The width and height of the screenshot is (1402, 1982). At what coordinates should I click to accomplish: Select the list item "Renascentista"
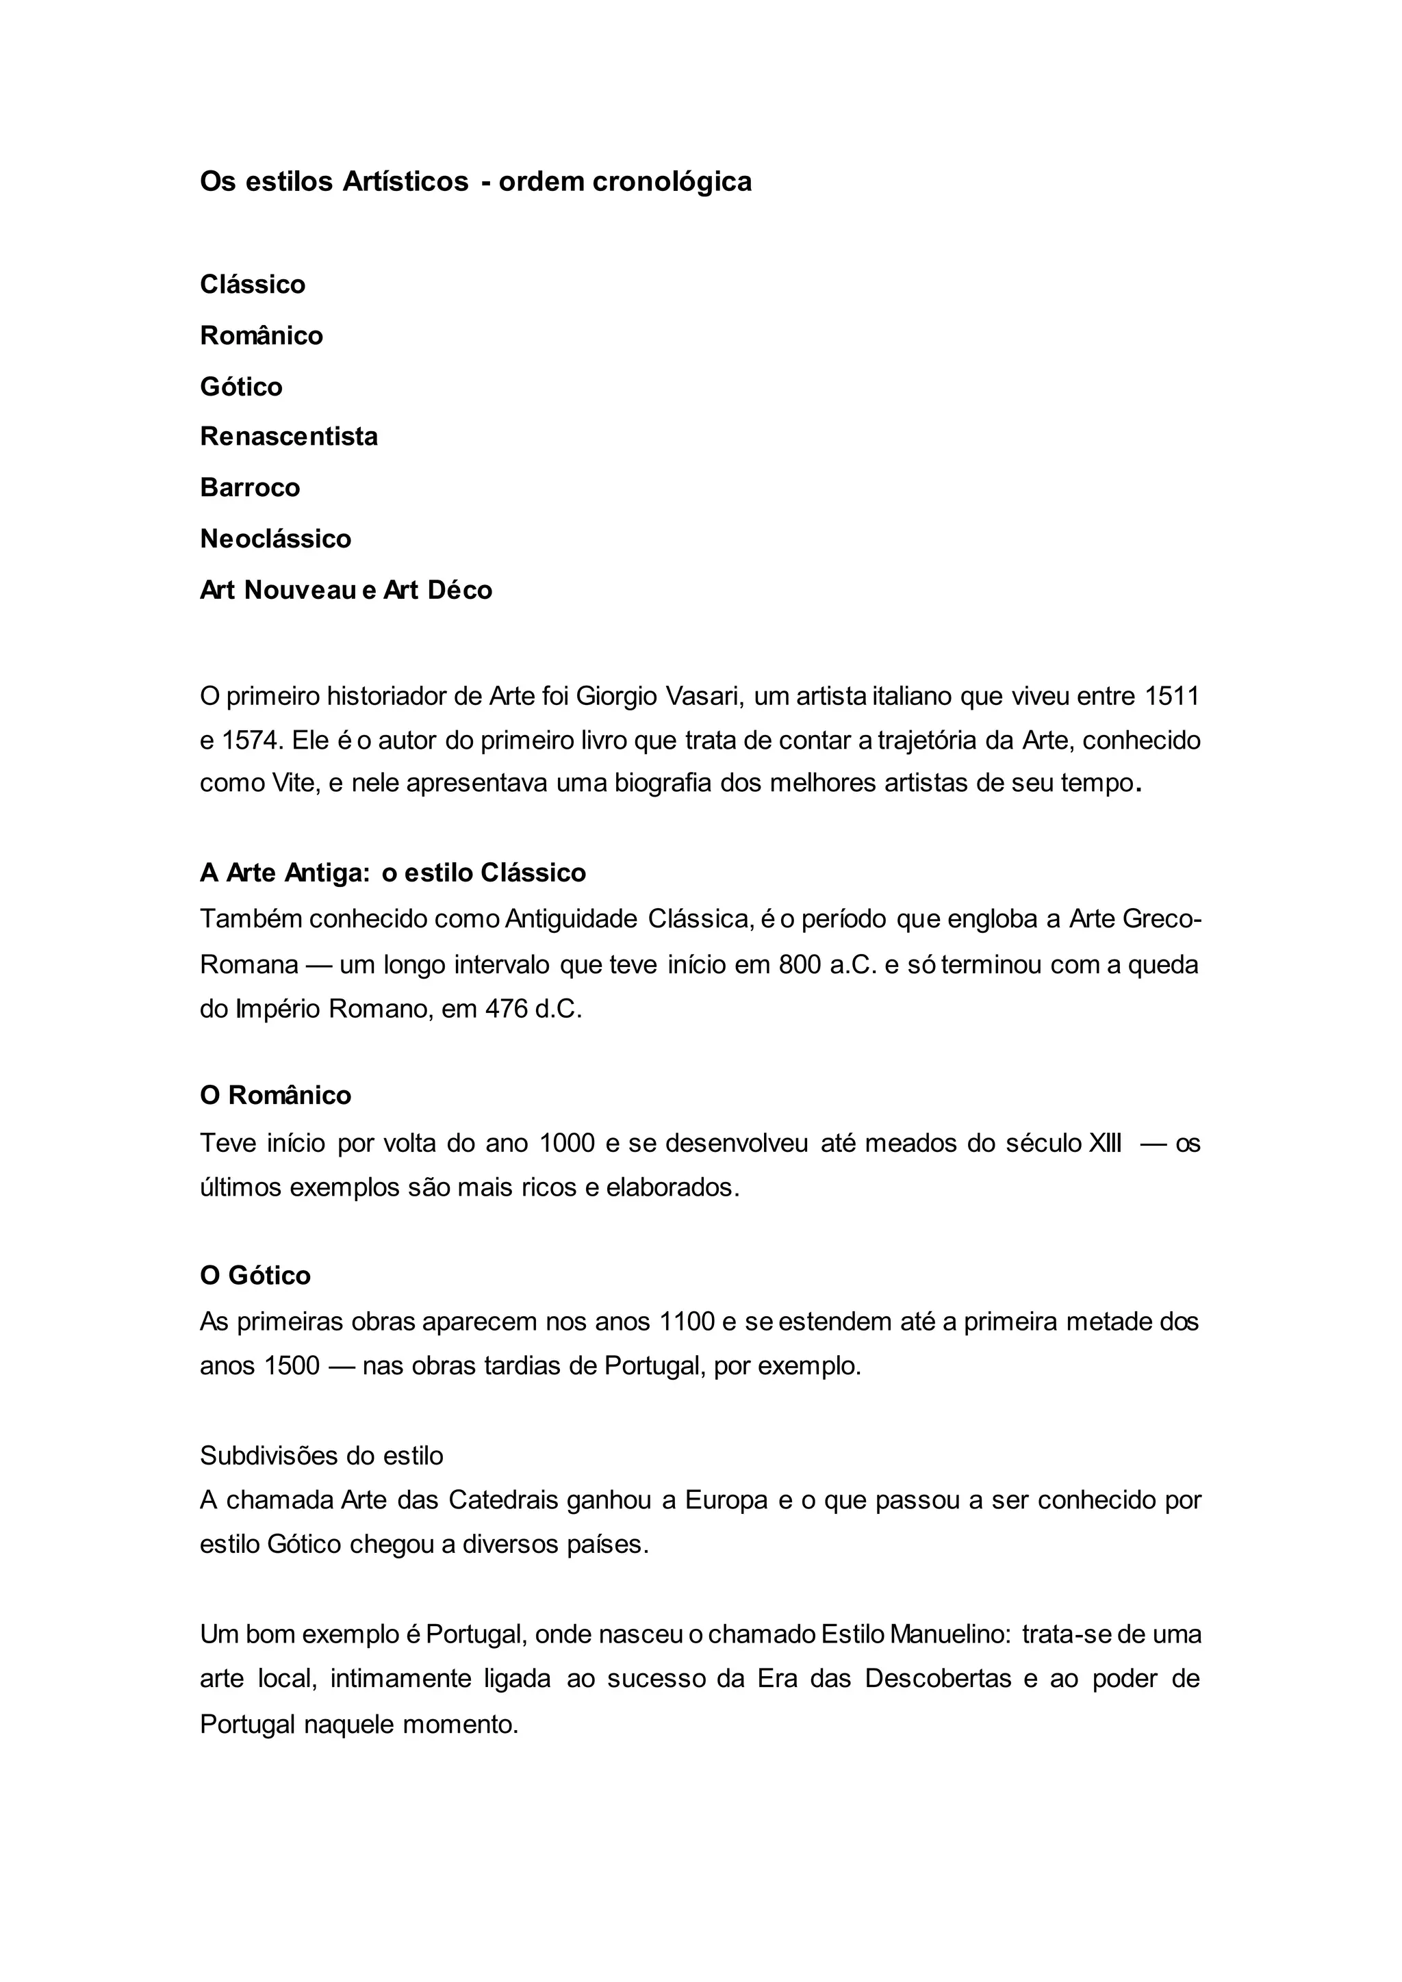[x=288, y=436]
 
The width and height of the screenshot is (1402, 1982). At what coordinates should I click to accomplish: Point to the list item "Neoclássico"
[x=275, y=539]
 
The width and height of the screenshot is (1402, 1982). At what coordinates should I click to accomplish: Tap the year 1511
[x=1171, y=696]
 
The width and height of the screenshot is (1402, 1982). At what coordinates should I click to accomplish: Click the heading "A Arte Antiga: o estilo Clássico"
[x=393, y=873]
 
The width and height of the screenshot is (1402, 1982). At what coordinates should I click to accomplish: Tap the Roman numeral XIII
[x=1105, y=1143]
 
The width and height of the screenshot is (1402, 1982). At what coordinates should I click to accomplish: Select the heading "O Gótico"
[x=255, y=1275]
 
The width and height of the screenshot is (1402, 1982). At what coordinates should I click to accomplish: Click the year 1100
[x=687, y=1322]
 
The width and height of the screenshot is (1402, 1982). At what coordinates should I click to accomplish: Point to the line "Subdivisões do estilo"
[x=321, y=1456]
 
